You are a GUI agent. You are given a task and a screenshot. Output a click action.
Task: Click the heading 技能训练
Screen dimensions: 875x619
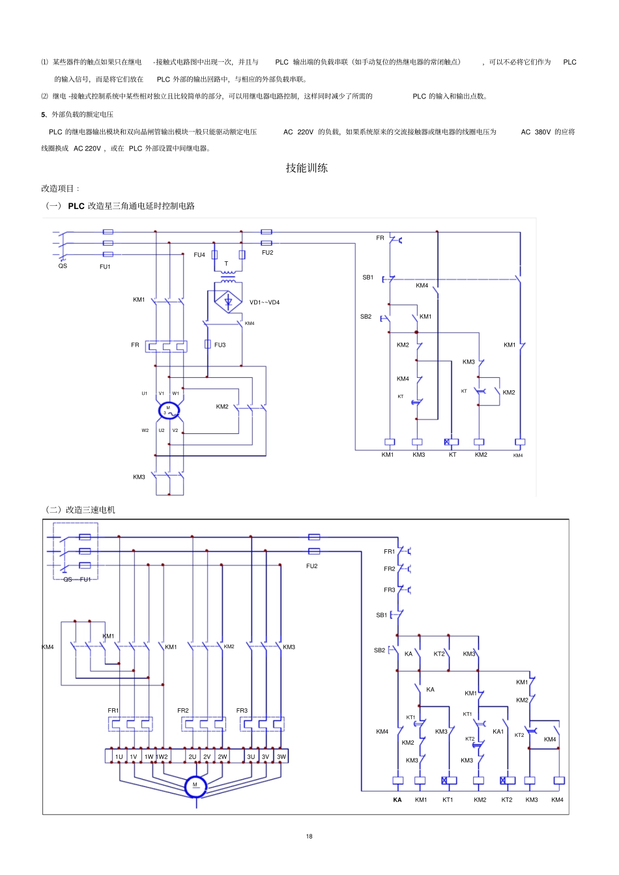306,168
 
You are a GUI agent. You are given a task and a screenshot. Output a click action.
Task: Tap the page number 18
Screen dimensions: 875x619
309,836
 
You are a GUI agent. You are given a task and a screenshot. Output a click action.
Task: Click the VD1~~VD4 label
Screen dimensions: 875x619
265,302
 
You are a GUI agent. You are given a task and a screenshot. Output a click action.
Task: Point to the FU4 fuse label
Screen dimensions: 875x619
199,255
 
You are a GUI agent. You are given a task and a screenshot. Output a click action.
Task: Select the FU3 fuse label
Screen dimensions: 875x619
220,345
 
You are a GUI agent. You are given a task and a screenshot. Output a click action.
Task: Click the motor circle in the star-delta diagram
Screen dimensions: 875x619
169,410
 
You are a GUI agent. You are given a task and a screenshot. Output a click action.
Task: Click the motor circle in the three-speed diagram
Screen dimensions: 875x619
195,786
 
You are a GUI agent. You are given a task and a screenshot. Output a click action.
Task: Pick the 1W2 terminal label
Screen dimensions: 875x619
162,757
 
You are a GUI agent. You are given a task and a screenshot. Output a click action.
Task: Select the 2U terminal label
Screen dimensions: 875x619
192,757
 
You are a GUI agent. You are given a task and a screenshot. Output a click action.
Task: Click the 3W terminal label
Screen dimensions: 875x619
281,757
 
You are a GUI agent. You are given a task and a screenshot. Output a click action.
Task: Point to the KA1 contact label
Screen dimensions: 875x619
498,732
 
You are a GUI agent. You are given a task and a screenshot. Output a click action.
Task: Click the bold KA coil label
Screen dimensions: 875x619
397,800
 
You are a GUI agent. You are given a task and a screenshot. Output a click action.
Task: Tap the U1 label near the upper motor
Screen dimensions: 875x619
145,394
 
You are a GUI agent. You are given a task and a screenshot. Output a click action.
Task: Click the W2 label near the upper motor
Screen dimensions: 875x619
145,431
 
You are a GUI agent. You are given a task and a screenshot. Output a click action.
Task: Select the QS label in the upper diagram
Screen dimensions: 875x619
63,266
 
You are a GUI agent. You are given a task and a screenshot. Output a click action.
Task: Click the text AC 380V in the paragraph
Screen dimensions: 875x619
536,132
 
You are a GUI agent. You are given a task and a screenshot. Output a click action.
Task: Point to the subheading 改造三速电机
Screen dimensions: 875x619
90,509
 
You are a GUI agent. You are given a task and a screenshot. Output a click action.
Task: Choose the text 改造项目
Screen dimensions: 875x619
59,189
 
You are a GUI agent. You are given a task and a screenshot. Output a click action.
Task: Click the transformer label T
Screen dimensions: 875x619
226,264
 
